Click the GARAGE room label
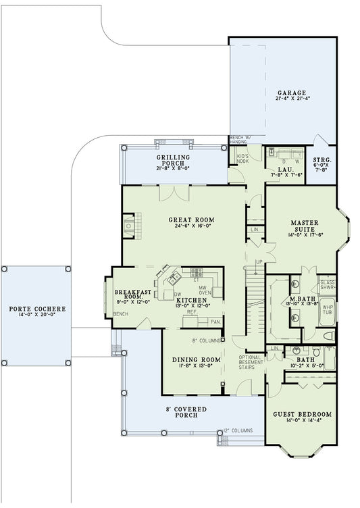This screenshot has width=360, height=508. click(291, 92)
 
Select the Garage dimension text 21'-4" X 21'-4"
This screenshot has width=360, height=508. click(291, 99)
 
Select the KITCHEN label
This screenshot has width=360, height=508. click(191, 299)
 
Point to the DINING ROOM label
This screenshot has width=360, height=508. click(197, 359)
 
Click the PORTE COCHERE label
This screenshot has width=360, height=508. click(37, 309)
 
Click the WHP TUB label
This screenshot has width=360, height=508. click(328, 311)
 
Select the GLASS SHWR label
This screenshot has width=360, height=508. click(328, 284)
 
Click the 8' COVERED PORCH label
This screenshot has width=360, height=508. click(186, 412)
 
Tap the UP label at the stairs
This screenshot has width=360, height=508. click(259, 261)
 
